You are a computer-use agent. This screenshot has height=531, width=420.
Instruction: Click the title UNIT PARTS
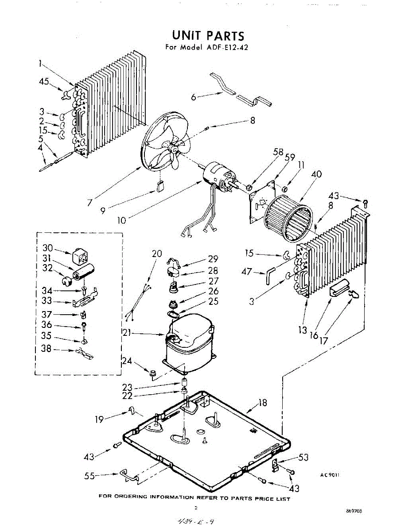click(x=208, y=35)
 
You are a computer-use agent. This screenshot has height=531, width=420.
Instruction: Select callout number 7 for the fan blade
click(x=90, y=202)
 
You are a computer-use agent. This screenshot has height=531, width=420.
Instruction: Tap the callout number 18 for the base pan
click(x=263, y=403)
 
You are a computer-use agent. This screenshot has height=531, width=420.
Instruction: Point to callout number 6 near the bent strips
click(x=194, y=97)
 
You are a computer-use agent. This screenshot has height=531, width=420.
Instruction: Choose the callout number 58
click(x=278, y=152)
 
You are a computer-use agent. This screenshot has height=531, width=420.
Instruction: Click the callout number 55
click(x=89, y=476)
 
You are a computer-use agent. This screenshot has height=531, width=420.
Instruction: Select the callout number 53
click(x=303, y=457)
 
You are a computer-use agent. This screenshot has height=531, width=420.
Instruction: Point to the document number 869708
click(x=354, y=511)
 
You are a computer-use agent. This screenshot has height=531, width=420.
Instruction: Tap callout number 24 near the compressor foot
click(x=127, y=361)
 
